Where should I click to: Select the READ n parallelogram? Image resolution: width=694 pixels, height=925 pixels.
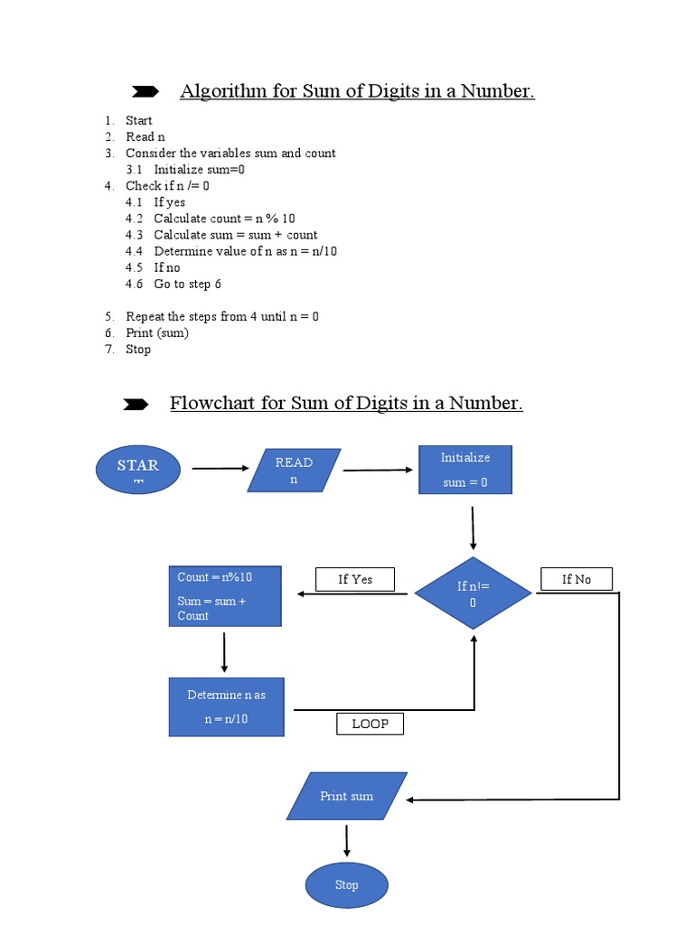point(294,471)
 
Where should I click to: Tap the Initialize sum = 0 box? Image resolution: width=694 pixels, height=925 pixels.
point(465,470)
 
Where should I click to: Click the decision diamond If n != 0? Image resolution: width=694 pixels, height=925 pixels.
point(473,593)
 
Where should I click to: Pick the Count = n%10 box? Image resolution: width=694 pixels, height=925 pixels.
point(224,596)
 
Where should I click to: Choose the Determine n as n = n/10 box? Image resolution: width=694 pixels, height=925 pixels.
point(226,707)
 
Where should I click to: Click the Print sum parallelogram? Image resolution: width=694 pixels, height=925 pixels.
point(347,796)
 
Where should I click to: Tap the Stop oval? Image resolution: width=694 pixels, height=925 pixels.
point(346,885)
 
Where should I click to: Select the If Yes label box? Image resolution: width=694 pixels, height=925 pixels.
point(354,579)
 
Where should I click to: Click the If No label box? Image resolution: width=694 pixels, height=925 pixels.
point(577,579)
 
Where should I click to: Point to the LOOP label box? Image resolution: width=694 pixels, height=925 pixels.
point(370,724)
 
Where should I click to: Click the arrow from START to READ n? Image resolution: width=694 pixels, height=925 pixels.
point(220,469)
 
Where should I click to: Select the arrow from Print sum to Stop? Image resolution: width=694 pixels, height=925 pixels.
point(347,840)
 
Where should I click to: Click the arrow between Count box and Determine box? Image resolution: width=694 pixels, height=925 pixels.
point(224,650)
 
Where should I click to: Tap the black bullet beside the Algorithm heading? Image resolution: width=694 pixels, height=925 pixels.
point(145,91)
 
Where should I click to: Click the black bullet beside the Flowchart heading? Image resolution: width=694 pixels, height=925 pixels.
point(136,405)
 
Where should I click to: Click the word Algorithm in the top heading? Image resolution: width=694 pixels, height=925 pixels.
point(219,91)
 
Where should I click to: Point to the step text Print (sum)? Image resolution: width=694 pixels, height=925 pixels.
point(157,332)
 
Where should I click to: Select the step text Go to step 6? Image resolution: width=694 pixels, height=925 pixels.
point(187,284)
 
